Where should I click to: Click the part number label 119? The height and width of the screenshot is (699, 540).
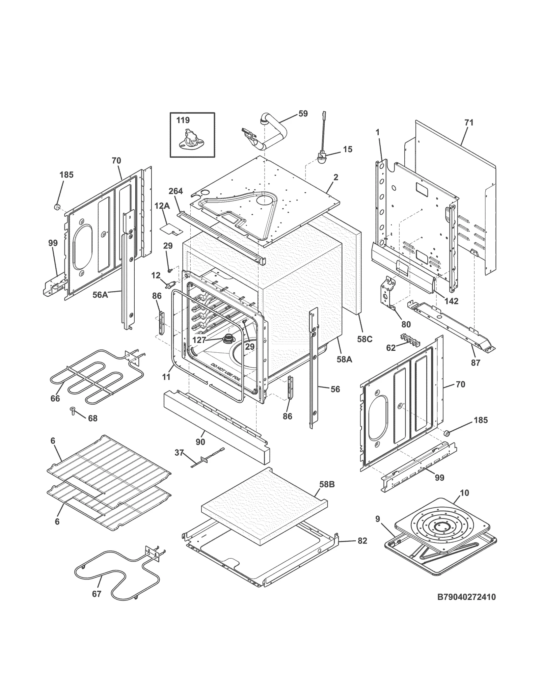[183, 120]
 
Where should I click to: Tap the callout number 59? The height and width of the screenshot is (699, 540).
[303, 114]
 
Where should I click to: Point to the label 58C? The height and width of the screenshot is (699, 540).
[364, 339]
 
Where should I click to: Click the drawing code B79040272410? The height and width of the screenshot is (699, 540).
[466, 597]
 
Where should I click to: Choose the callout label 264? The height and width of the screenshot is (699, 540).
[175, 191]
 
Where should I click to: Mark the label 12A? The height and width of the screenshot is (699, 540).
[162, 206]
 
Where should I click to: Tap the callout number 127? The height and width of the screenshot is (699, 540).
[199, 340]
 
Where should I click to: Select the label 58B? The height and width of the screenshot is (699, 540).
[327, 484]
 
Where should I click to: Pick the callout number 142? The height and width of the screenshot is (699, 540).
[451, 301]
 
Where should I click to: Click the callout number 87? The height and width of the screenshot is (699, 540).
[475, 364]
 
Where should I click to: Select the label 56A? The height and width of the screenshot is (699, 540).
[100, 295]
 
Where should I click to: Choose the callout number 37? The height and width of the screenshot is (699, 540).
[179, 453]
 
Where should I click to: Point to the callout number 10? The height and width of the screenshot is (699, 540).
[464, 493]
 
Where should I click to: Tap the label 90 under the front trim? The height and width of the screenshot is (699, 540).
[200, 442]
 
